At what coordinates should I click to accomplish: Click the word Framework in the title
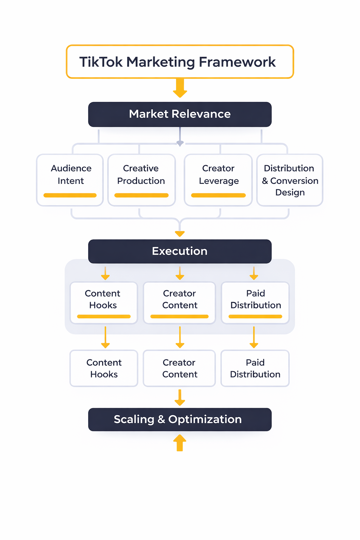coord(237,62)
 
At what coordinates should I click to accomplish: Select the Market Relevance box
coord(180,114)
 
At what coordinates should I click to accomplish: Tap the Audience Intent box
coord(70,180)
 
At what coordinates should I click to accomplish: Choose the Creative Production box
coord(141,180)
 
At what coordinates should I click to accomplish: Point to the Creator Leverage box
coord(218,180)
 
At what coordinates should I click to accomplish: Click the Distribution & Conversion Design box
coord(290,180)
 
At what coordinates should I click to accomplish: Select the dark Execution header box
coord(180,251)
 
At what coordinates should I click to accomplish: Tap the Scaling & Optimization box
coord(180,419)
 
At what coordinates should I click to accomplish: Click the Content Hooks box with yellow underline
coord(103,302)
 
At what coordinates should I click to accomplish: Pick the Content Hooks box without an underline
coord(104,368)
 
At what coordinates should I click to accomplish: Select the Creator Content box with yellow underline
coord(180,302)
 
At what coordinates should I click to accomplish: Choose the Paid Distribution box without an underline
coord(255,368)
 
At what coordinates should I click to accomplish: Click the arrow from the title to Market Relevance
coord(180,88)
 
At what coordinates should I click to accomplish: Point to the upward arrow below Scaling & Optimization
coord(180,443)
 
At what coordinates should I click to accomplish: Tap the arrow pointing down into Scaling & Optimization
coord(180,398)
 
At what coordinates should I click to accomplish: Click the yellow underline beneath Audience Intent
coord(70,195)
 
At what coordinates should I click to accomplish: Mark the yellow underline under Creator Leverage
coord(218,195)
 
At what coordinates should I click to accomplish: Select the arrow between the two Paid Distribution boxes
coord(254,337)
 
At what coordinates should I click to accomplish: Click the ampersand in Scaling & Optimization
coord(161,419)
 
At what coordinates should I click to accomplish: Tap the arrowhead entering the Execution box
coord(180,233)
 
